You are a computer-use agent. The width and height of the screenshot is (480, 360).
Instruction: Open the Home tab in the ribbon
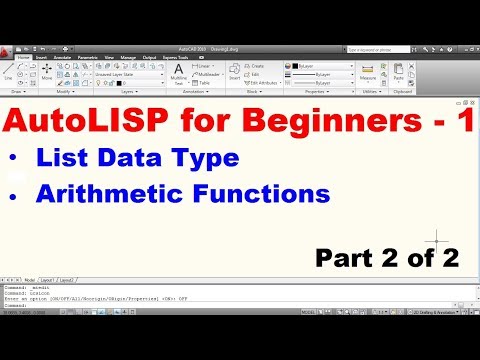22,57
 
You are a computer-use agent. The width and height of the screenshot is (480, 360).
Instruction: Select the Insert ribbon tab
42,57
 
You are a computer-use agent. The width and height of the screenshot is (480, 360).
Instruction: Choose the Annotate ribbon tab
65,57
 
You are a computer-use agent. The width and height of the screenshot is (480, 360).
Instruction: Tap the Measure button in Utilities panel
373,75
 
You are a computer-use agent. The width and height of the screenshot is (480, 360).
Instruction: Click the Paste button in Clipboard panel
400,75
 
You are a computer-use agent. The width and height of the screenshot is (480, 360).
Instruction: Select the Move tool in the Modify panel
46,75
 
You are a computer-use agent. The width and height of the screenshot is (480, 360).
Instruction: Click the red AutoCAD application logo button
8,50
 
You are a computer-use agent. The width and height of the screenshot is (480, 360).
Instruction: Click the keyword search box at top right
385,48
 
